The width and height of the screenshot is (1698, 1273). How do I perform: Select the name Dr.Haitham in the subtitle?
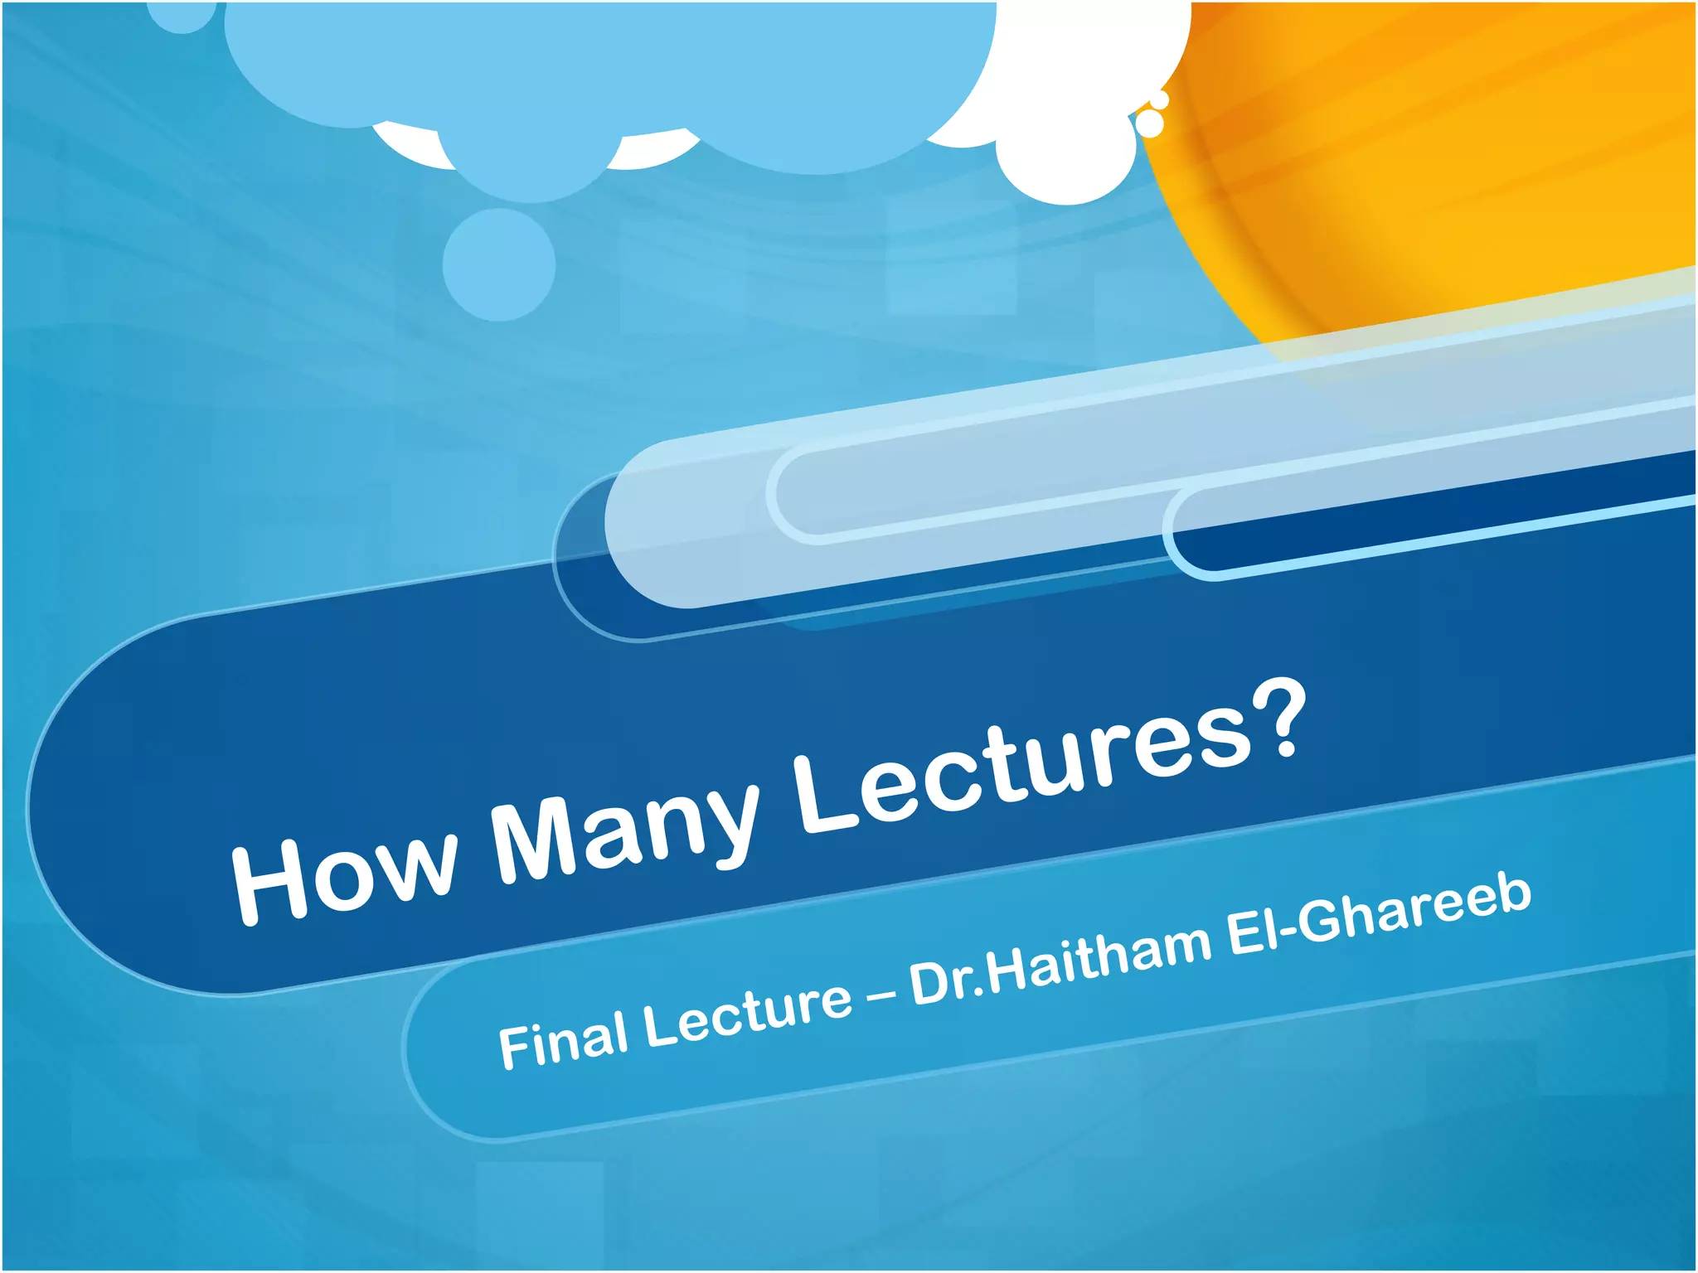coord(1061,961)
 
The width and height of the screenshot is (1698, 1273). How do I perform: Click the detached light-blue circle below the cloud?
coord(498,264)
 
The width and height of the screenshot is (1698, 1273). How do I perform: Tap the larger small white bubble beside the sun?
coord(1149,123)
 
